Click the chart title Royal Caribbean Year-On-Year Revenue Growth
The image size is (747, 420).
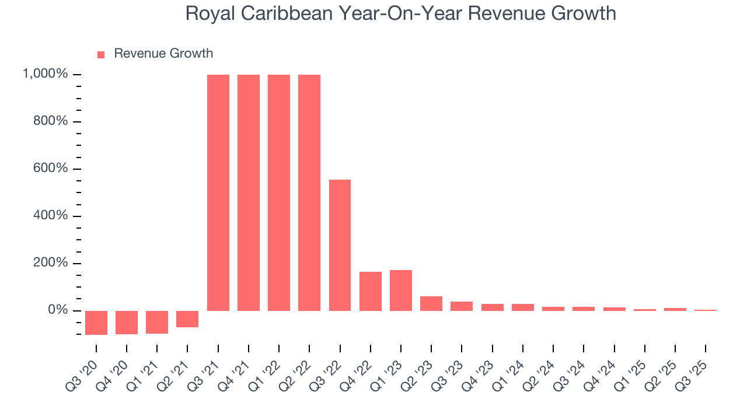click(400, 13)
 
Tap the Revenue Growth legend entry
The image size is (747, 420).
click(163, 54)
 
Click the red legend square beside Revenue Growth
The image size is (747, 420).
click(101, 54)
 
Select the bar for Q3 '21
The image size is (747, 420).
click(218, 192)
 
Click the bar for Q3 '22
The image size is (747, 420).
click(340, 245)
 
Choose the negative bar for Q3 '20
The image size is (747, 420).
click(96, 323)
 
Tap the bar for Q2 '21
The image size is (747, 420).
click(187, 319)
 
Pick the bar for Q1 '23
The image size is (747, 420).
click(401, 290)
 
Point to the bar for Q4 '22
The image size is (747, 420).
click(371, 291)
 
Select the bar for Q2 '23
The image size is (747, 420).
click(431, 303)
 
